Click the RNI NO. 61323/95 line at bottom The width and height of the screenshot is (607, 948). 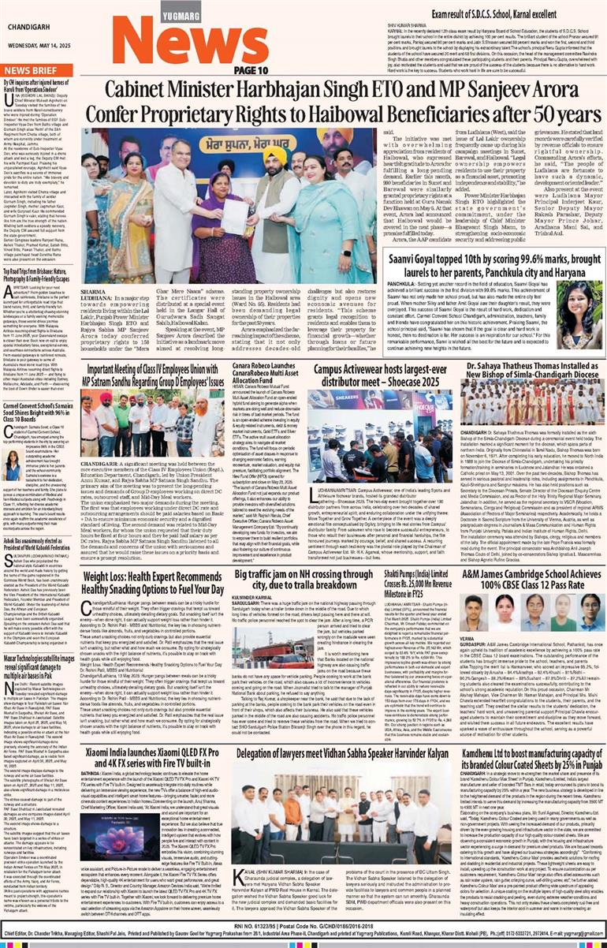[x=303, y=921]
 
